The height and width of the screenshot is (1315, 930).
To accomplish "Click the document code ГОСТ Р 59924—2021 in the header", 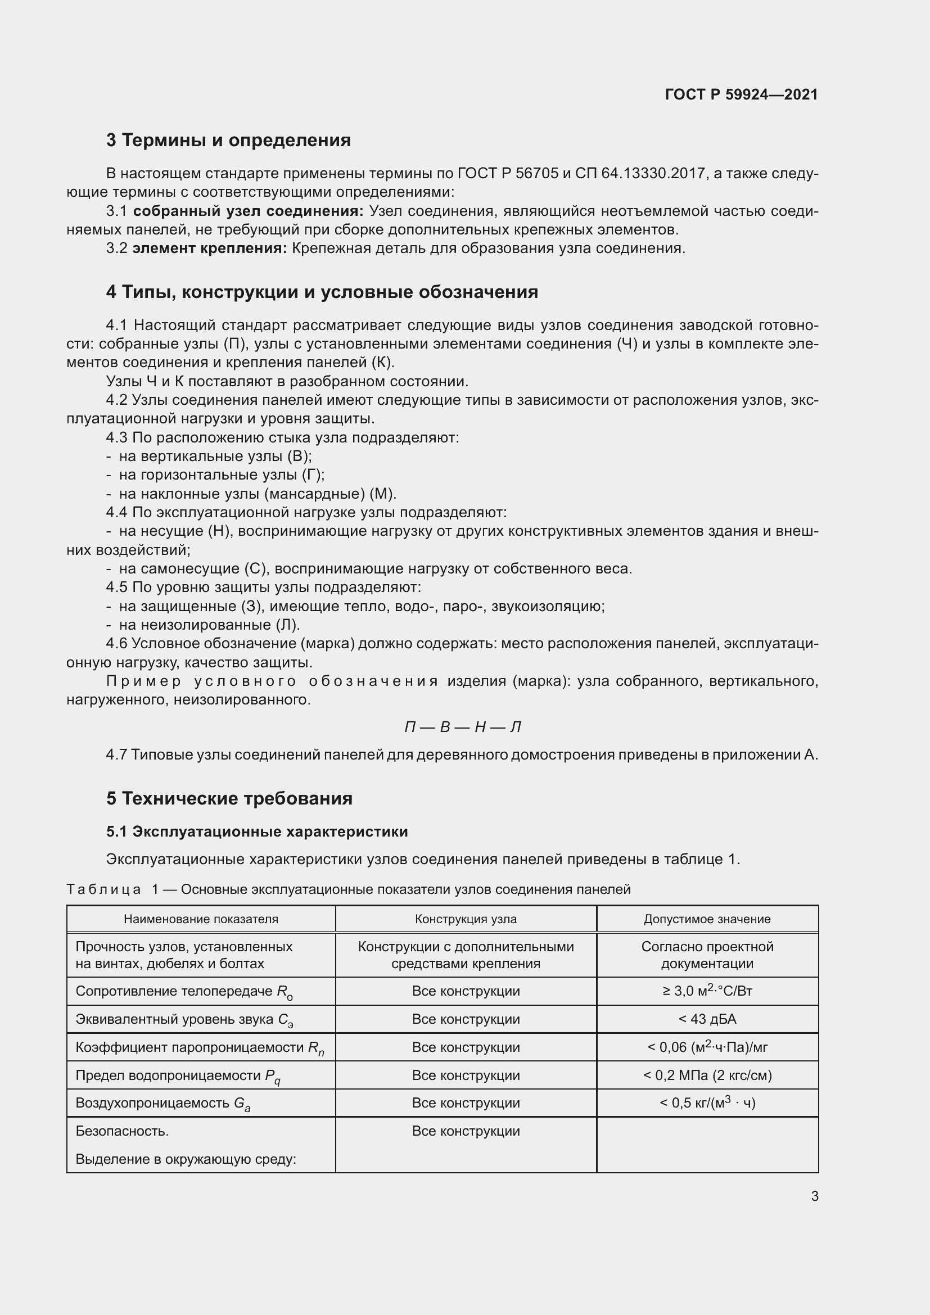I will point(741,94).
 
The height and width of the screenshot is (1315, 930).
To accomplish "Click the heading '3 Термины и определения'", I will point(228,140).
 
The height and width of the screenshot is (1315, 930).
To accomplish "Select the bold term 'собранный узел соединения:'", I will point(248,211).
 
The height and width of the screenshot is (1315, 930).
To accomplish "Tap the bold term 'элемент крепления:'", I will point(210,248).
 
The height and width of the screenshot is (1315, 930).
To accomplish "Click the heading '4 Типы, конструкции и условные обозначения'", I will point(322,292).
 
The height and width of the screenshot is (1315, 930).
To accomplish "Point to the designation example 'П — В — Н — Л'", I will point(463,727).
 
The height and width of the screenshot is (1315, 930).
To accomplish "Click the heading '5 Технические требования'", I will point(229,798).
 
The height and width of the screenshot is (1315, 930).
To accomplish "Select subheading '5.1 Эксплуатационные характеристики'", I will point(256,832).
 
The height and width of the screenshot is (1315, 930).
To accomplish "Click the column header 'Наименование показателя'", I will point(201,919).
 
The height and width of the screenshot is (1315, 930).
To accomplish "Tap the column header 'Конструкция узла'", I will point(466,919).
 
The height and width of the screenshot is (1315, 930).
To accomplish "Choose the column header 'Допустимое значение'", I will point(707,919).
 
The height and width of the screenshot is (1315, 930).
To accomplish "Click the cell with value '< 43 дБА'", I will point(707,1019).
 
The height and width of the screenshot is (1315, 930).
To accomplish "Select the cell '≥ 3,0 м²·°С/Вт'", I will point(707,991).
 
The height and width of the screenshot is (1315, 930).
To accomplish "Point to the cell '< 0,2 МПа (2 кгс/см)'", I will point(707,1076).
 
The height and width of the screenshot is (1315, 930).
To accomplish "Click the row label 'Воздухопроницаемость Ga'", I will point(162,1104).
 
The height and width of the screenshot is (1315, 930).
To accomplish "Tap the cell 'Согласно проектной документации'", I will point(707,955).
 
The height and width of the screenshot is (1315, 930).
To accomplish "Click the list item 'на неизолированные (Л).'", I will point(209,625).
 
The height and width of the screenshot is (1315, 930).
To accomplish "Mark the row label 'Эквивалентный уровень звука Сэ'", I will point(184,1019).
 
